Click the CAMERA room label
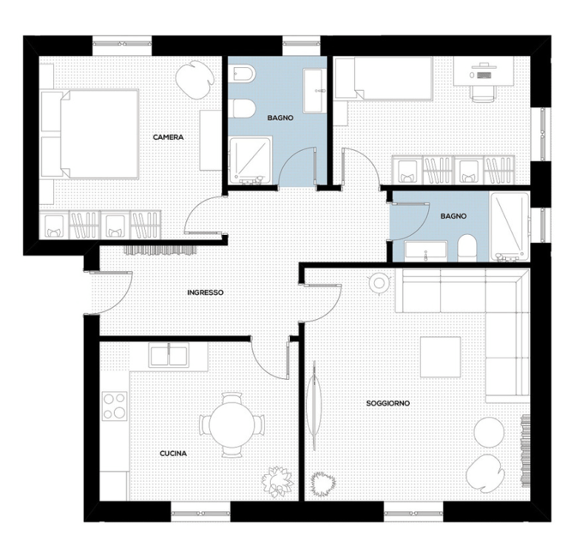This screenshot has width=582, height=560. (168, 137)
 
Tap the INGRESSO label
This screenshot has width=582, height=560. (206, 293)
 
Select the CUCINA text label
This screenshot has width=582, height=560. (173, 454)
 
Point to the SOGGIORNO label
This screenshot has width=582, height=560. (388, 403)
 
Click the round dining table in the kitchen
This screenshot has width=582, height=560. (232, 426)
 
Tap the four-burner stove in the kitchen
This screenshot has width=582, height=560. (115, 406)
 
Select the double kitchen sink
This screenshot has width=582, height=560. (169, 355)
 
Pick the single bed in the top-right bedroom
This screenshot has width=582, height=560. (383, 78)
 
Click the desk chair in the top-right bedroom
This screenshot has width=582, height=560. (483, 94)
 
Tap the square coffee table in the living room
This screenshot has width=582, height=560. (441, 357)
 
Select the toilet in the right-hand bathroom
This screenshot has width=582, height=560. (467, 248)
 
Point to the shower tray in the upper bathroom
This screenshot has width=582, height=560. (251, 160)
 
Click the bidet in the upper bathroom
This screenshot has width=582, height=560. (242, 75)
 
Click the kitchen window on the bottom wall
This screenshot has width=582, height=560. (201, 513)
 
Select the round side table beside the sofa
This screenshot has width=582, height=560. (379, 284)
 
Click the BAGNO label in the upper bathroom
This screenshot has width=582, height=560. (280, 118)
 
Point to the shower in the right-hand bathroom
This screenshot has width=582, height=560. (510, 226)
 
